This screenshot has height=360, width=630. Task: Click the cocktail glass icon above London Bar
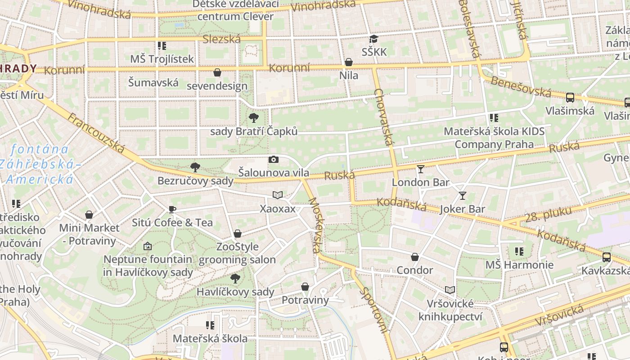click(x=421, y=169)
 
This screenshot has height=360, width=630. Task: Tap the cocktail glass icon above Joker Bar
click(x=462, y=196)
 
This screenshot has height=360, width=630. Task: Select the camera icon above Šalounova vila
click(x=273, y=160)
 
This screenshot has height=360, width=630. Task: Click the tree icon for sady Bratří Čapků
click(x=254, y=118)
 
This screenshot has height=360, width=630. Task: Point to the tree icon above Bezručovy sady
click(x=195, y=167)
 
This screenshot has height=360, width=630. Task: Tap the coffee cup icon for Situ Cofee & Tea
click(x=172, y=209)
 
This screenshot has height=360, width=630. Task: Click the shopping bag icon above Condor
click(x=415, y=257)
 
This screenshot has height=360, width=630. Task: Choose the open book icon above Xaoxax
click(x=278, y=195)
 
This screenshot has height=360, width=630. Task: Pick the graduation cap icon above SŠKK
click(x=374, y=39)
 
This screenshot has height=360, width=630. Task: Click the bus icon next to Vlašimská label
click(x=570, y=98)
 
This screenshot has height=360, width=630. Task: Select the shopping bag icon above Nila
click(x=349, y=62)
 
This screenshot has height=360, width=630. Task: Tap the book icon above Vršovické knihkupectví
click(x=450, y=290)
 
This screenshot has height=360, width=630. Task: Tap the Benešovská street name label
click(x=521, y=86)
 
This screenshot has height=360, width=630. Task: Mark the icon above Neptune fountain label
click(x=148, y=246)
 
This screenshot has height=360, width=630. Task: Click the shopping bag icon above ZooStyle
click(x=238, y=234)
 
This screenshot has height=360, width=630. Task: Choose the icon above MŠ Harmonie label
click(x=519, y=252)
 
